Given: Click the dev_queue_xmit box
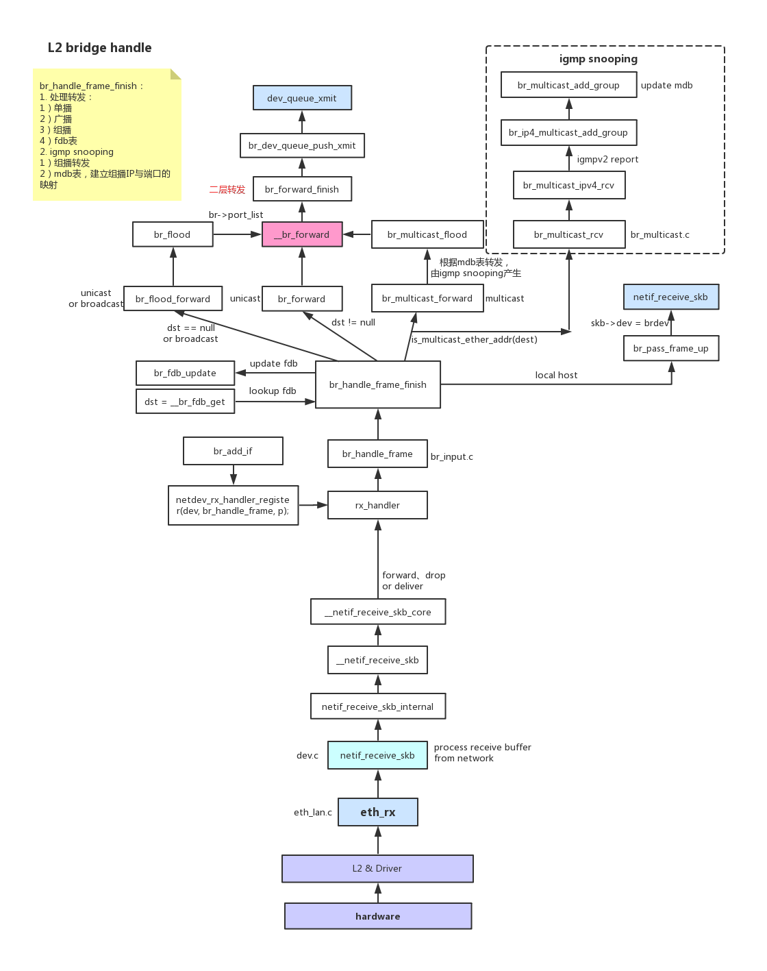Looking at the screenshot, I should (x=302, y=98).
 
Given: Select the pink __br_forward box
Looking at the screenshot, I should (x=302, y=234).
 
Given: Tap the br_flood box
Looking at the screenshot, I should (x=173, y=234).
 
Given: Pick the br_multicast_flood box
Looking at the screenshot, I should (x=427, y=234).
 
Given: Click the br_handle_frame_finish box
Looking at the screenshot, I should (x=377, y=384).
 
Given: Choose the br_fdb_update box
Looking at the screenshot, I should (x=185, y=373).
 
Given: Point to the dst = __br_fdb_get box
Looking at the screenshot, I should (x=185, y=402).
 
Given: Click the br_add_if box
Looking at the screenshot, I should (x=233, y=451).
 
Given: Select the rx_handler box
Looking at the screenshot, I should (x=377, y=505).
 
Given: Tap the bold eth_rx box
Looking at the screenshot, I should (x=377, y=812).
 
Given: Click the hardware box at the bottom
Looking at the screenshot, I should (x=378, y=916).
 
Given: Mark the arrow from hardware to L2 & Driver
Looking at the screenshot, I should (x=378, y=892).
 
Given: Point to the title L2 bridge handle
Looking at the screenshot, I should (x=100, y=48).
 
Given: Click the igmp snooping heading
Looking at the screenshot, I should (x=599, y=59).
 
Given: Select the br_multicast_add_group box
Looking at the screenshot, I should (x=568, y=85).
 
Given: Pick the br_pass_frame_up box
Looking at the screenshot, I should (x=671, y=348).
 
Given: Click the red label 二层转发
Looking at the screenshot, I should (x=227, y=190).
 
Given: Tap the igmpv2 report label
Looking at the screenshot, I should (x=607, y=159).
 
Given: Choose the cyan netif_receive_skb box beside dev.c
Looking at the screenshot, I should (x=377, y=755).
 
